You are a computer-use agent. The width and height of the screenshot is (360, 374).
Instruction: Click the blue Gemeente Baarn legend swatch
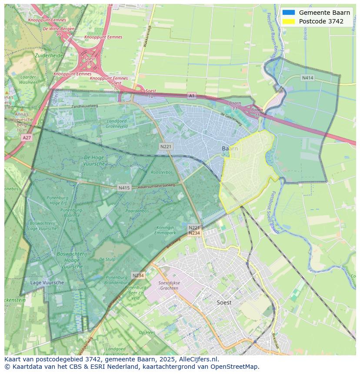tap(288, 13)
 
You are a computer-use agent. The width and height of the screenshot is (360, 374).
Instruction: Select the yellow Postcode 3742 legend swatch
tap(288, 21)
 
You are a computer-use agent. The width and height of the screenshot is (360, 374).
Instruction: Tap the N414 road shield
tap(307, 78)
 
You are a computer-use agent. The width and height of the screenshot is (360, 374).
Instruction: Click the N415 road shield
tap(124, 188)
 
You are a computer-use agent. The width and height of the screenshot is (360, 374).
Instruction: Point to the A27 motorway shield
tap(27, 137)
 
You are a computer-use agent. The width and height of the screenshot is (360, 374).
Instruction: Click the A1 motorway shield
tap(192, 95)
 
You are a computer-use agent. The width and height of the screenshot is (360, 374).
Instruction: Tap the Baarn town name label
tap(230, 149)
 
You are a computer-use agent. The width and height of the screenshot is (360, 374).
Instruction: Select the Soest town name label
tap(224, 302)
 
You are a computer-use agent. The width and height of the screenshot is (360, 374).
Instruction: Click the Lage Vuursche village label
tap(47, 282)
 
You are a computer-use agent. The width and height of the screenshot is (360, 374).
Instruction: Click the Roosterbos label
tap(161, 172)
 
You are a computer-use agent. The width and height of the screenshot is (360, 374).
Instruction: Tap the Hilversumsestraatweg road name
tap(156, 185)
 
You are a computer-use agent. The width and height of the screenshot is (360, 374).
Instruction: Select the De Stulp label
tap(107, 259)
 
